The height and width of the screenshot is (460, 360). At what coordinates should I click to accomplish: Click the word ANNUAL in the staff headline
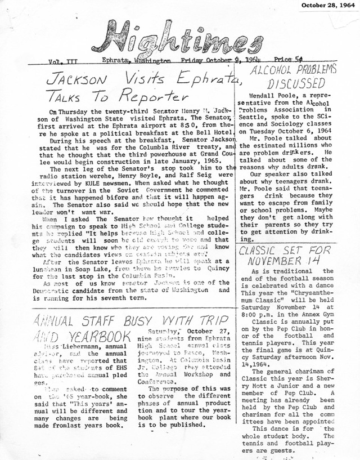[55, 321]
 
